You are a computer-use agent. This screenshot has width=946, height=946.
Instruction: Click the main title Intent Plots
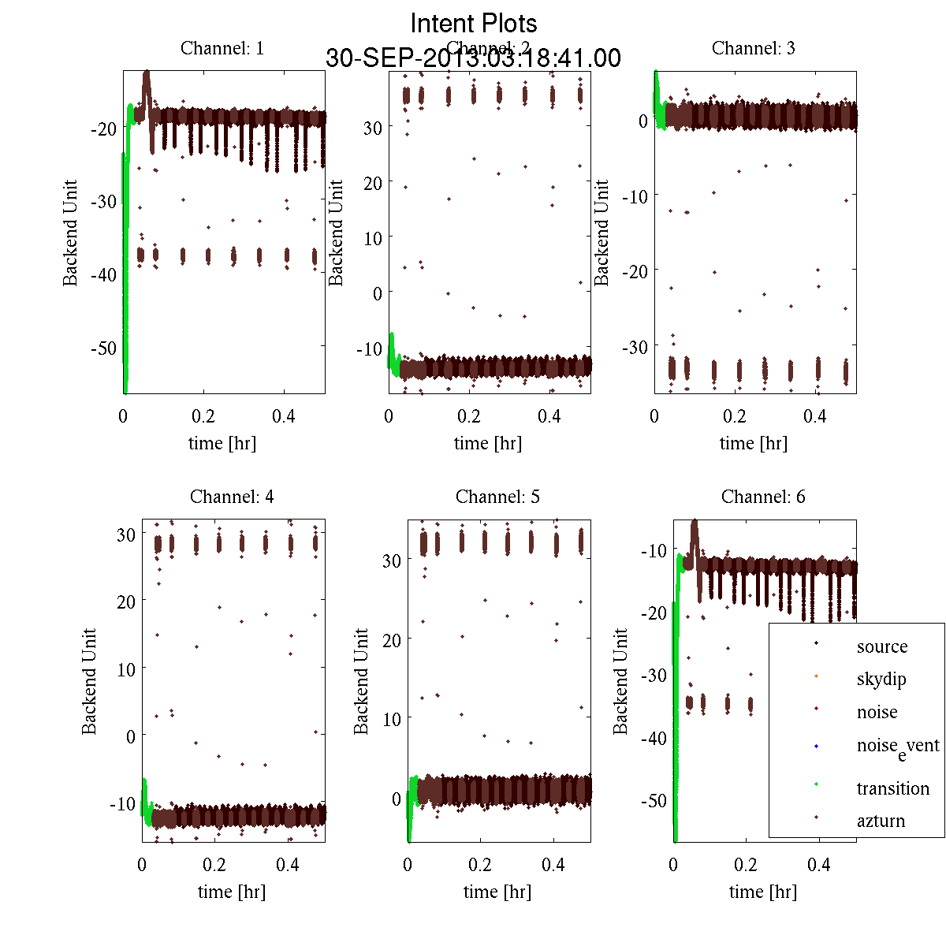click(474, 23)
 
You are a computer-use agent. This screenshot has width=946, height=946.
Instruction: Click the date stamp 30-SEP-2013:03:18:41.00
click(473, 58)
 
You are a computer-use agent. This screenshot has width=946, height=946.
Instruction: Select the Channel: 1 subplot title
click(222, 48)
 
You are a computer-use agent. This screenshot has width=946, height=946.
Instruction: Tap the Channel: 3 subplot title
click(754, 48)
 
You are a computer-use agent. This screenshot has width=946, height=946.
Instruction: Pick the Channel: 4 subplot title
click(232, 497)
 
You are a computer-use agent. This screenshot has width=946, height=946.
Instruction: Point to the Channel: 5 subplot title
click(497, 497)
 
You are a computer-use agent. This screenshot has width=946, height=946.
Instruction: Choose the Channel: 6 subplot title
click(763, 497)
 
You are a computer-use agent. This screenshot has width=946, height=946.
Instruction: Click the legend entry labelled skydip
click(881, 679)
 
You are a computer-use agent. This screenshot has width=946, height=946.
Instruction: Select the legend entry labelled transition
click(893, 788)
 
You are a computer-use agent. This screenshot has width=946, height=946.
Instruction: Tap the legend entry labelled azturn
click(881, 821)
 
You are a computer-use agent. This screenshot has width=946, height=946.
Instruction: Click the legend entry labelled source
click(882, 646)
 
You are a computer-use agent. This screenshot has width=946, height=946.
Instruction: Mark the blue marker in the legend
click(816, 746)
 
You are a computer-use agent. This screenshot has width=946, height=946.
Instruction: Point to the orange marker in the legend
click(816, 676)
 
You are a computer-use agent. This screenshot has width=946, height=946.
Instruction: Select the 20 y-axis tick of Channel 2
click(373, 183)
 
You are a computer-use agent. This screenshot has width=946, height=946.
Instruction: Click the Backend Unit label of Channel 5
click(361, 682)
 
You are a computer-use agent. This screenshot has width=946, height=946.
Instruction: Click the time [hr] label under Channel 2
click(488, 443)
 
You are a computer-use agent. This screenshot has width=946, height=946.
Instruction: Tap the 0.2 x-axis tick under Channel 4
click(214, 865)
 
